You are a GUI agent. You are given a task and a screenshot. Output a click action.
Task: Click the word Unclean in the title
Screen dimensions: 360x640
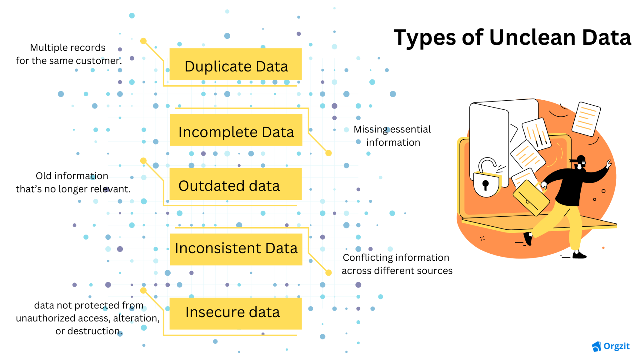[532, 38]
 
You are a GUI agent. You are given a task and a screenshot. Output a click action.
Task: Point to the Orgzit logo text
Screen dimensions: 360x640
[616, 346]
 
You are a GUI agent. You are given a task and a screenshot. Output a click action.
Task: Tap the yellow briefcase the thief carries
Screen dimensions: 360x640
[531, 198]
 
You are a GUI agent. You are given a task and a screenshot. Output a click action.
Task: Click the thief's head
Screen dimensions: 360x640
[581, 162]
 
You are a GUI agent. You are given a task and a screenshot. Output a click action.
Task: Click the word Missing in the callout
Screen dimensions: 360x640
[370, 129]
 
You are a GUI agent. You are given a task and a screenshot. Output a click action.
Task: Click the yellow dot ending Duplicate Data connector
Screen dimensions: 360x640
[143, 41]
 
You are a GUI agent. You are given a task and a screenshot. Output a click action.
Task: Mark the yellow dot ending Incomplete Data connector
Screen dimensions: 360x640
[328, 153]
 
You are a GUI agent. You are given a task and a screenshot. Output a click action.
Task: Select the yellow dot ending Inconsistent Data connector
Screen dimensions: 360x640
[328, 273]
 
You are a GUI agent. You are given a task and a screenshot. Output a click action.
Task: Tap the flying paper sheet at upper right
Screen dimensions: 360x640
[586, 119]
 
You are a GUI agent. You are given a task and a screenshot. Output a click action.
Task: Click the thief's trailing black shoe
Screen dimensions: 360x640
[528, 238]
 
